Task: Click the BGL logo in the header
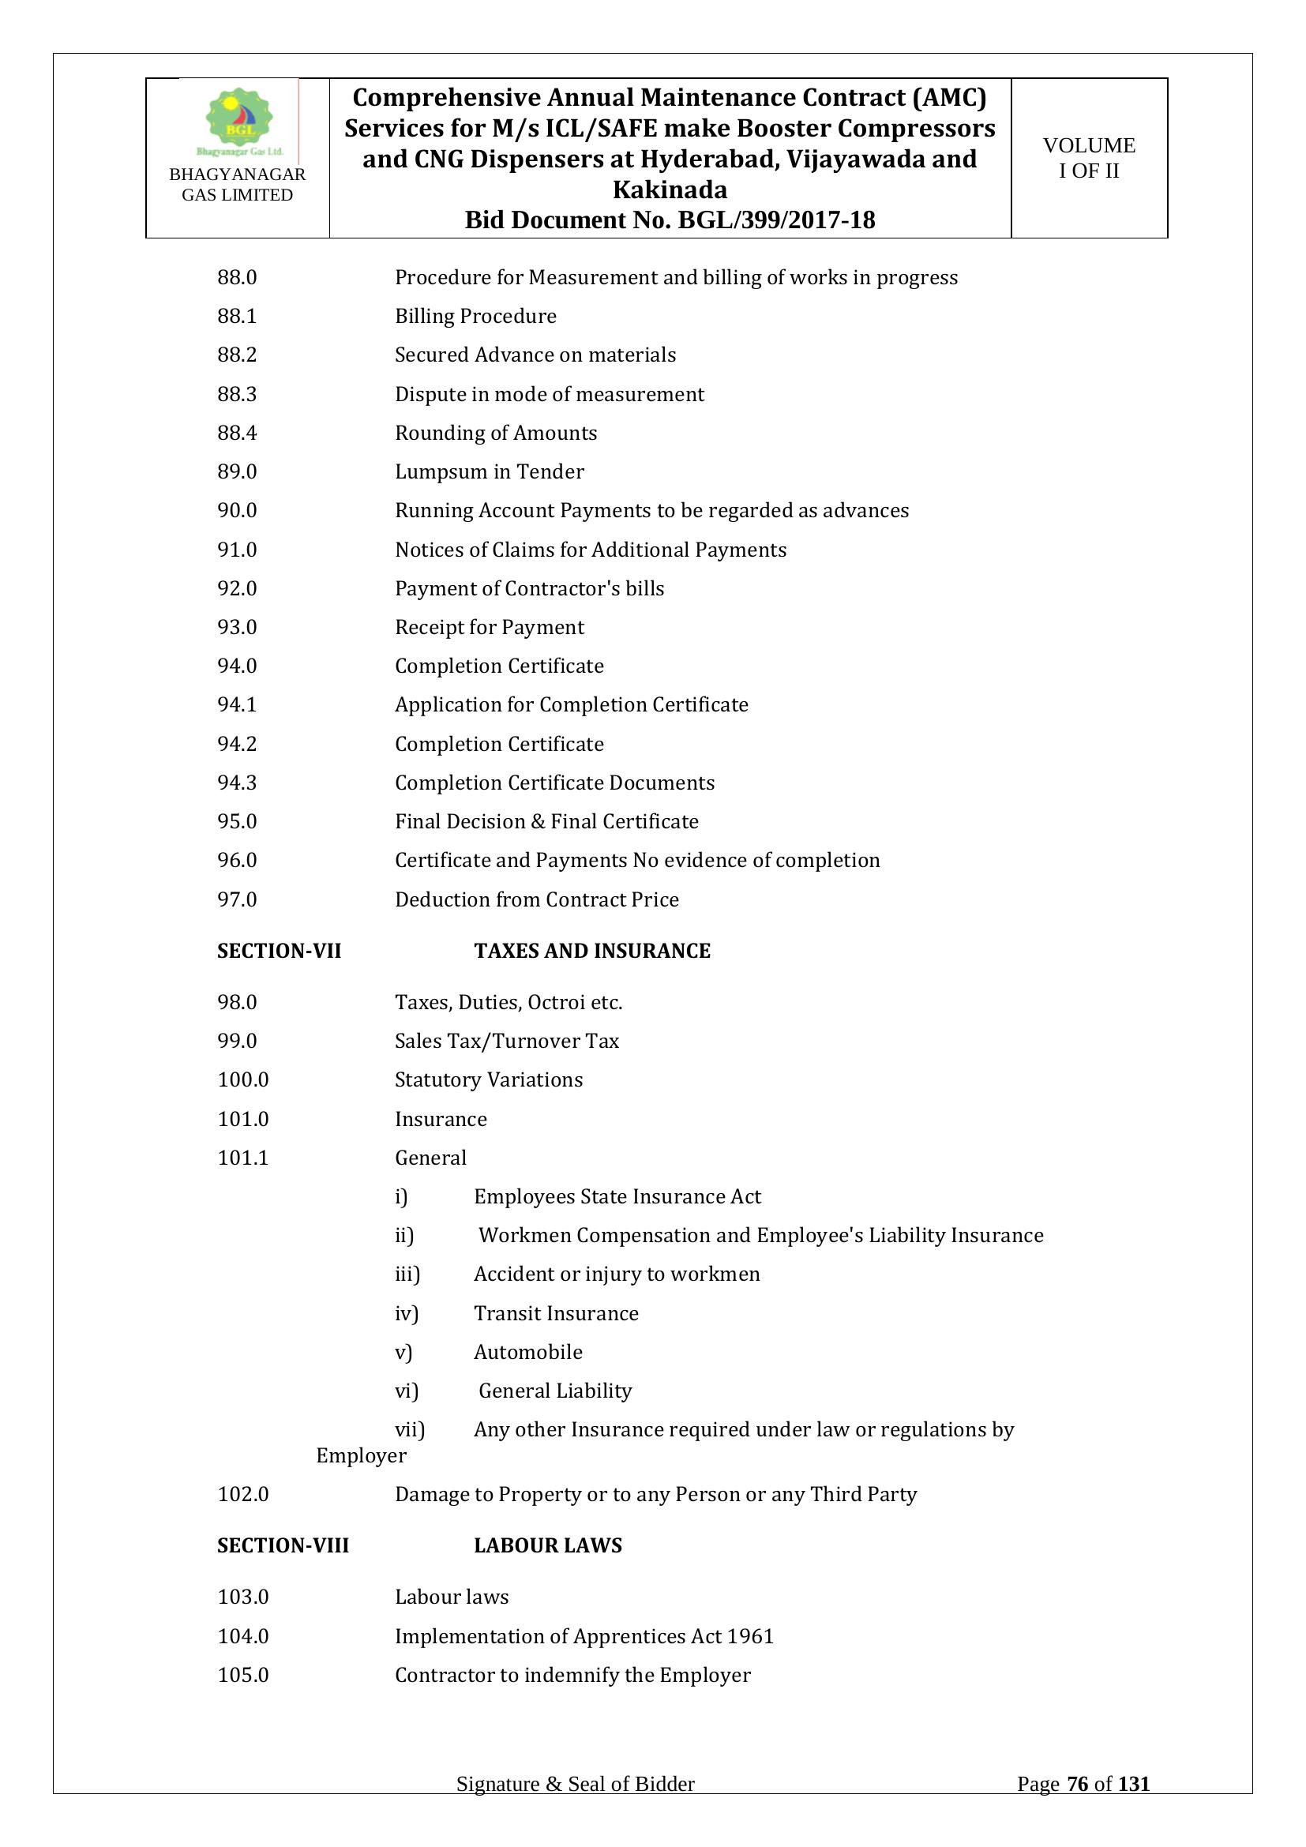point(238,121)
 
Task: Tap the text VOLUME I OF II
point(1088,158)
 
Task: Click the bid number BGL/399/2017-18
point(776,220)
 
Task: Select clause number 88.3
point(236,394)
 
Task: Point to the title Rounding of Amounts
point(495,433)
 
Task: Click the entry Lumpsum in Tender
point(489,471)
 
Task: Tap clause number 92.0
point(236,588)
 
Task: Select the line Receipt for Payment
point(489,627)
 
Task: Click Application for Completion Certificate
point(571,704)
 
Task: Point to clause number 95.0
point(236,821)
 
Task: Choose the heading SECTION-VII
point(279,951)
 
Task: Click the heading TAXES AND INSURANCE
point(592,951)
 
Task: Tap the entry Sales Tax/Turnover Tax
point(507,1041)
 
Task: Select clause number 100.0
point(243,1079)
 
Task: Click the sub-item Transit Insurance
point(556,1313)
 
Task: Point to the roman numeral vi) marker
point(406,1391)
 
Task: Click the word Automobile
point(527,1352)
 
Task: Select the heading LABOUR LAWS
point(548,1545)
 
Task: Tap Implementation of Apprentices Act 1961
point(584,1636)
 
